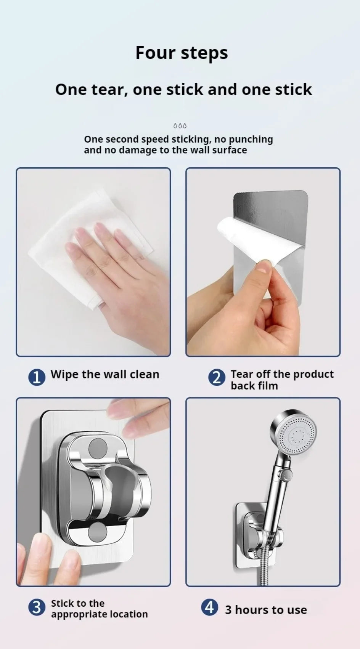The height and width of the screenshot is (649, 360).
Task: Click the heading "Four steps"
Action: pos(182,53)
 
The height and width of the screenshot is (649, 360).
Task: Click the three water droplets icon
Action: pos(180,126)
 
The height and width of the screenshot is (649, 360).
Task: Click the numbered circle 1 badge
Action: pos(37,377)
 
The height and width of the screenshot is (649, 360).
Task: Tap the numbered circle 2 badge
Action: pos(217,377)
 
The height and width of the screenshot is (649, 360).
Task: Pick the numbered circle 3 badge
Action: pos(37,607)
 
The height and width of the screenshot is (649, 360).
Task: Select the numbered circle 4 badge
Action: pos(209,607)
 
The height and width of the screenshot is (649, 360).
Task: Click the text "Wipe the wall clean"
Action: pos(105,374)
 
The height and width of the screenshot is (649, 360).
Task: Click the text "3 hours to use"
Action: pos(266,610)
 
